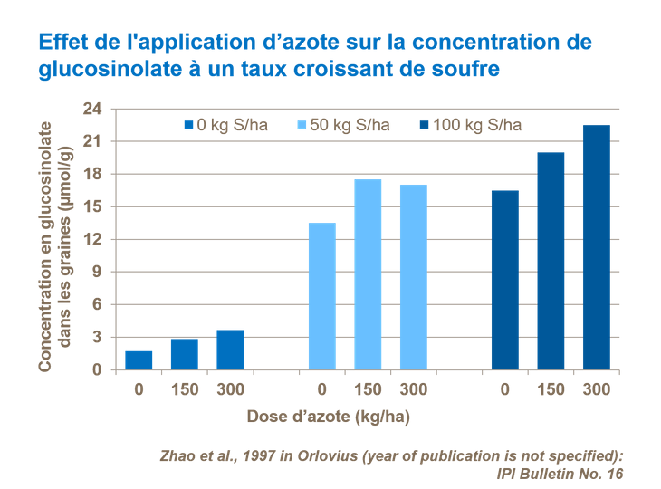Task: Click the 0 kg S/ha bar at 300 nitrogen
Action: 230,350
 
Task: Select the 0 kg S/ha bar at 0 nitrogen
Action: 139,360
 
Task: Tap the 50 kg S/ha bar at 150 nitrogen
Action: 368,274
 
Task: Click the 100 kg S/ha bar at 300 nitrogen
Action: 596,247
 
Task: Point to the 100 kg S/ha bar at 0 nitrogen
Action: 505,280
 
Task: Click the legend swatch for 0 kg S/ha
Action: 189,125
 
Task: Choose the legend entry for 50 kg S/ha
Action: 343,125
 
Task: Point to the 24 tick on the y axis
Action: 93,109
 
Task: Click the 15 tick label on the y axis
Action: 93,206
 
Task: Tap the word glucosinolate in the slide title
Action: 100,70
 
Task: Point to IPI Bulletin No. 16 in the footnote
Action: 560,473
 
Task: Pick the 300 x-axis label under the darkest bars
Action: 596,389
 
